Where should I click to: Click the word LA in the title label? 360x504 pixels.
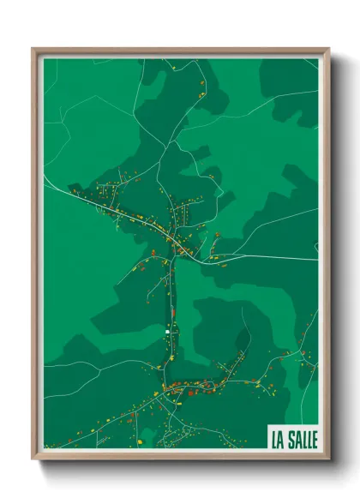[279, 436]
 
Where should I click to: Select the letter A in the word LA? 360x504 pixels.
[282, 436]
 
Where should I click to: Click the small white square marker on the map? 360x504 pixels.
[168, 331]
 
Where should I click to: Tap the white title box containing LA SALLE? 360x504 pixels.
[294, 436]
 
